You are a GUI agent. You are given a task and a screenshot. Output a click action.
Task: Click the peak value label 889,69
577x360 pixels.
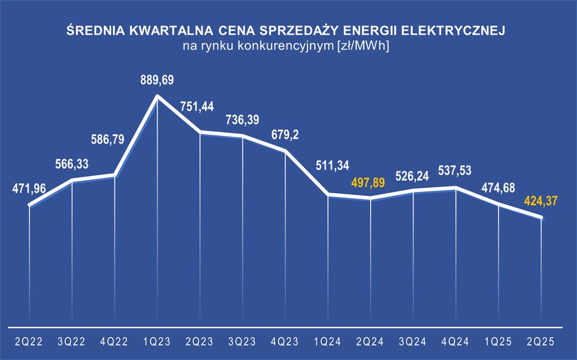[157, 80]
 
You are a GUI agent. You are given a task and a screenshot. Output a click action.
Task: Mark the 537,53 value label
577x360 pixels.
[456, 171]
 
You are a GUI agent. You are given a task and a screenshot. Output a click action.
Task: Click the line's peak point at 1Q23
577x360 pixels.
[157, 96]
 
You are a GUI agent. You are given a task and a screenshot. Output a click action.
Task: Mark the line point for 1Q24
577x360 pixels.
[329, 195]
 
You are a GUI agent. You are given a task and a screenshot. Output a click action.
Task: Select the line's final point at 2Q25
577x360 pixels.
[541, 218]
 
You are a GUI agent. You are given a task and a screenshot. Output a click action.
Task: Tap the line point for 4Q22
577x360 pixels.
[114, 175]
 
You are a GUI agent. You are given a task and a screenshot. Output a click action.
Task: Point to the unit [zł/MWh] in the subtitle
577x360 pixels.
[364, 46]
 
